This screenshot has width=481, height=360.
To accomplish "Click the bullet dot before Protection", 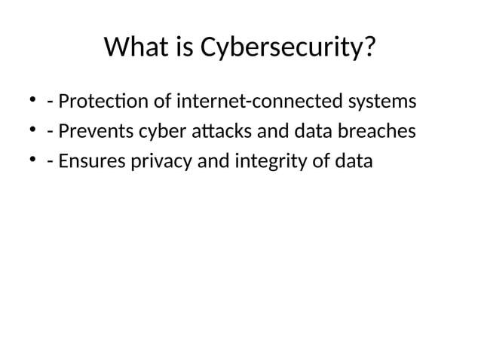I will [33, 100].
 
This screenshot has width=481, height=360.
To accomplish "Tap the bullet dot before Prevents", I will [33, 131].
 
